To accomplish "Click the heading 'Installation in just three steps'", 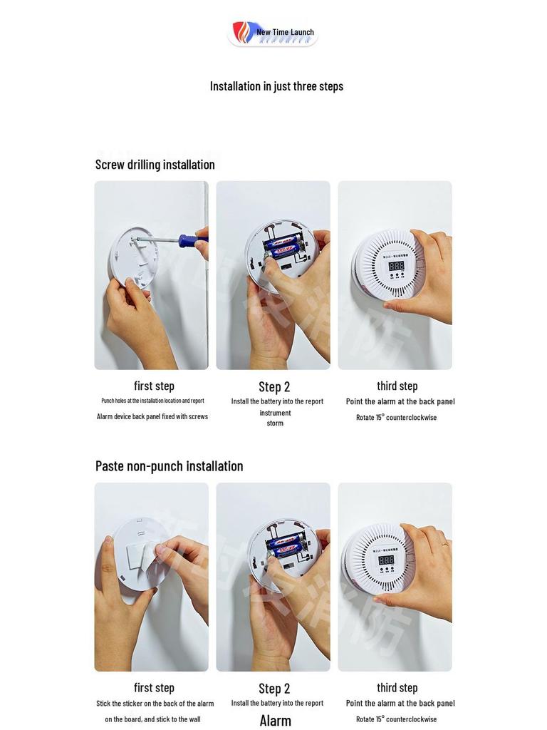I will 276,86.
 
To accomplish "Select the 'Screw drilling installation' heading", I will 155,165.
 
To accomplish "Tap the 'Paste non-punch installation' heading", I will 169,466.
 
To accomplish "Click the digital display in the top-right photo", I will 397,265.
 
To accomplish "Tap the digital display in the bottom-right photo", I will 386,560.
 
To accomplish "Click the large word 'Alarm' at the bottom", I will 275,720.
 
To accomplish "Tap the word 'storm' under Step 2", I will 275,423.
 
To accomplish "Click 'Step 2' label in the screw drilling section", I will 274,387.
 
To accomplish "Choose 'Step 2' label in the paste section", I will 274,689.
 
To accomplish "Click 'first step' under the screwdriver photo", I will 154,386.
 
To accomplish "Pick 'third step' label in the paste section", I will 397,688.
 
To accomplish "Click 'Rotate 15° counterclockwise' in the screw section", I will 396,418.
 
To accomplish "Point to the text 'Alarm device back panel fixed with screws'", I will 152,416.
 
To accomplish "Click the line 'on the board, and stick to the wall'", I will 152,719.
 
